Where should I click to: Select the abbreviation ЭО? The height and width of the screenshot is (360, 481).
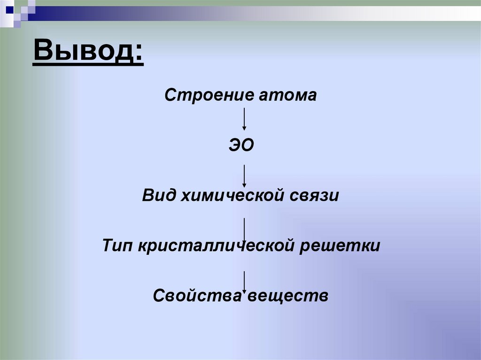pyautogui.click(x=241, y=146)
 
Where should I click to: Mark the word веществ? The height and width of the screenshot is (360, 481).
pyautogui.click(x=288, y=296)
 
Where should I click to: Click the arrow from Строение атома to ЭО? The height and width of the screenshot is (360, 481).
pyautogui.click(x=244, y=119)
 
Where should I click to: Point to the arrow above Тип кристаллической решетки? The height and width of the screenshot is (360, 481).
pyautogui.click(x=244, y=228)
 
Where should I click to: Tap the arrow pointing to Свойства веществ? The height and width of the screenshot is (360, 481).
pyautogui.click(x=244, y=281)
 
